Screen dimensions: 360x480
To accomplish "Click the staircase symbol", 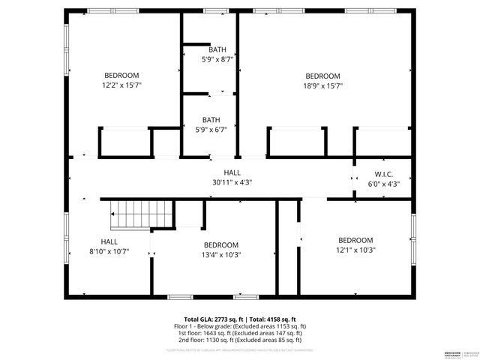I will click(130, 215).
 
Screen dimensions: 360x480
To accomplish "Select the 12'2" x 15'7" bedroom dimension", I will click(121, 85).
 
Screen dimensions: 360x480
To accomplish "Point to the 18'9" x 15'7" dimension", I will click(323, 86).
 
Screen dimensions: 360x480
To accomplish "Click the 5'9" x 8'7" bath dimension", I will click(217, 58).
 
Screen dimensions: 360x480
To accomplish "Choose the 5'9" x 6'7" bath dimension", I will click(211, 130).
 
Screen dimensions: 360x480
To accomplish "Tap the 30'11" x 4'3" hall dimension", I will click(232, 182).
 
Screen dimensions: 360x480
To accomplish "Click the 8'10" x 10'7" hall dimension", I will click(109, 251).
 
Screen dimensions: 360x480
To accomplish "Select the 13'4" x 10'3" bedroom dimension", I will click(220, 255).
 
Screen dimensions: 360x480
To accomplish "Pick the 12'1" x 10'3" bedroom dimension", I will click(355, 250).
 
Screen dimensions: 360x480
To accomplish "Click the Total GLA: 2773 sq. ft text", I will click(213, 319).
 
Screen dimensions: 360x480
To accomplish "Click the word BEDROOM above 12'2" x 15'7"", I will click(121, 76).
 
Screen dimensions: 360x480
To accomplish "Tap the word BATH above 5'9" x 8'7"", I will click(217, 49).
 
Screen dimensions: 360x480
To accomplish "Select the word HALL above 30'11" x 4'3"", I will click(232, 172).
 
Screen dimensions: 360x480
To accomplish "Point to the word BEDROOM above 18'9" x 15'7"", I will click(323, 76).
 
